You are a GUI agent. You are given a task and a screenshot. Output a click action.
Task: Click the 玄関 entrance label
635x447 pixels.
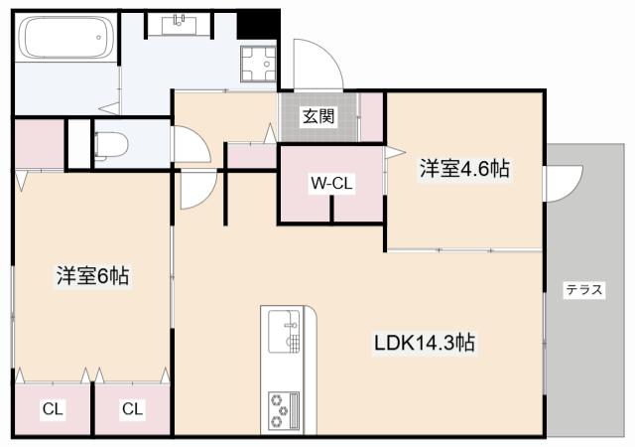click(x=319, y=116)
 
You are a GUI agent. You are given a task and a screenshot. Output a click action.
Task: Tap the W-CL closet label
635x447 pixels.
click(x=331, y=184)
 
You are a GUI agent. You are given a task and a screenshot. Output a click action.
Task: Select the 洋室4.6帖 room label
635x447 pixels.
click(x=464, y=169)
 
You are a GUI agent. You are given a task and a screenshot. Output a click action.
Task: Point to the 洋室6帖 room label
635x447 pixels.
click(x=92, y=276)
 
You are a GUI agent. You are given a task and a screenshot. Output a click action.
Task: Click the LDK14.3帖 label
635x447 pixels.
click(x=424, y=344)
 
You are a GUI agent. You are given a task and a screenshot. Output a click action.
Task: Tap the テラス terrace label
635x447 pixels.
click(x=583, y=290)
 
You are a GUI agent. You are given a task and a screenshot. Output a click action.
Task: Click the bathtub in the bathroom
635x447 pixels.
click(x=63, y=39)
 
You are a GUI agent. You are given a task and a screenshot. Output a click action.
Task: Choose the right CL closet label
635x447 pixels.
click(x=132, y=407)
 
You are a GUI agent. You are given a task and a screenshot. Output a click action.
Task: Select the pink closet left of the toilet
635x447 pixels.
click(x=40, y=144)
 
